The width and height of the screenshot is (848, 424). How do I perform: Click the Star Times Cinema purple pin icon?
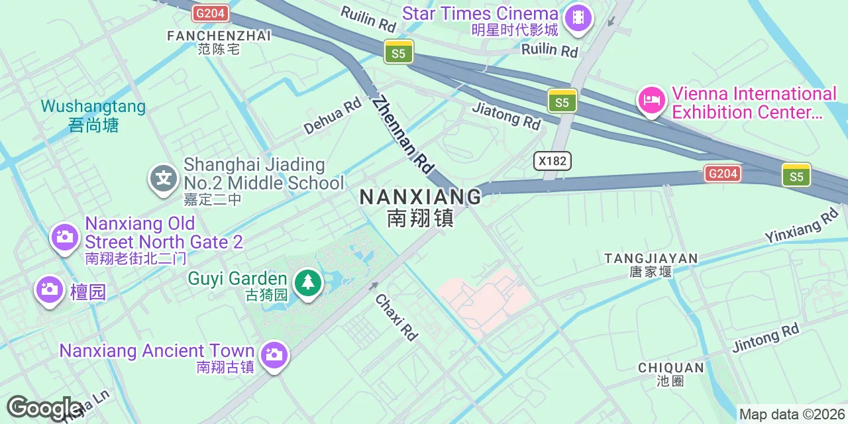[578, 17]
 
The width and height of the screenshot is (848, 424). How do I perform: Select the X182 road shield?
[553, 161]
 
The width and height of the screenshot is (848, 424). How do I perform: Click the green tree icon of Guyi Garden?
[307, 283]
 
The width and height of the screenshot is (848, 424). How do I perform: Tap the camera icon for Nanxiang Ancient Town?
[274, 354]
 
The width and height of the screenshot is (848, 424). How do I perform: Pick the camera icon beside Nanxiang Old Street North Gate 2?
[65, 236]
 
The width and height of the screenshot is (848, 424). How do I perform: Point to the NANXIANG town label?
[421, 197]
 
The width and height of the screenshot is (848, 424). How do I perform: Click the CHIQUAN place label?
[670, 368]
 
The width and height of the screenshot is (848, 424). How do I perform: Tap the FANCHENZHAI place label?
[219, 36]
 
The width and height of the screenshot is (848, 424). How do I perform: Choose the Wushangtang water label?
[93, 107]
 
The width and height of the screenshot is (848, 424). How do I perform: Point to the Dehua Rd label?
[333, 116]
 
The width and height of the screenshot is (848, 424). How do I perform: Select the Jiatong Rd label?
[507, 116]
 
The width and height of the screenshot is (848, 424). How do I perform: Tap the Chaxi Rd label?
[397, 317]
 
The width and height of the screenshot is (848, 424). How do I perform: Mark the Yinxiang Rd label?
[802, 226]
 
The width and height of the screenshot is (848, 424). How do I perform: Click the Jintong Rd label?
[766, 338]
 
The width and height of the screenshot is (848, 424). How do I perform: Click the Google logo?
[44, 408]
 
